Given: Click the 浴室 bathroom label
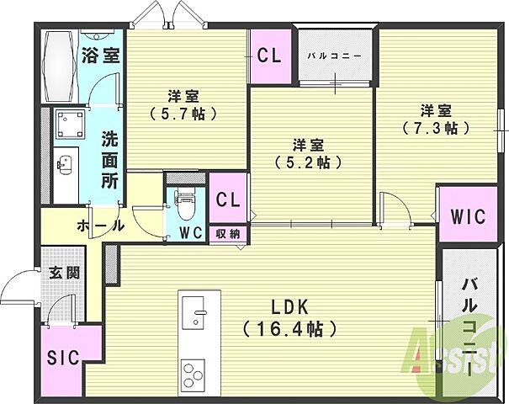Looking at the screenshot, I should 101,57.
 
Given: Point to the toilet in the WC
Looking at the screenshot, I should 185,203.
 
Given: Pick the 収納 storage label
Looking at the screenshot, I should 229,234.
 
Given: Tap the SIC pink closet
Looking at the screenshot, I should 64,356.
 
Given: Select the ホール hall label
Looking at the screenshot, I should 100,226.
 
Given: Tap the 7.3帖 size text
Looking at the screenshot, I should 437,128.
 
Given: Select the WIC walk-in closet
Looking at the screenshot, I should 462,215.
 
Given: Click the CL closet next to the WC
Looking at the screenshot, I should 228,199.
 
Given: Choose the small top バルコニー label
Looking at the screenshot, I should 334,56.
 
